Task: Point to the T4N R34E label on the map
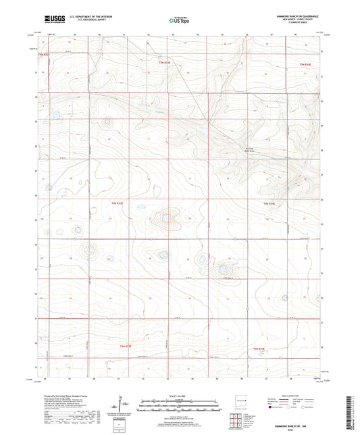tap(268, 202)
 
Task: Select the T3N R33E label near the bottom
tap(117, 347)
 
